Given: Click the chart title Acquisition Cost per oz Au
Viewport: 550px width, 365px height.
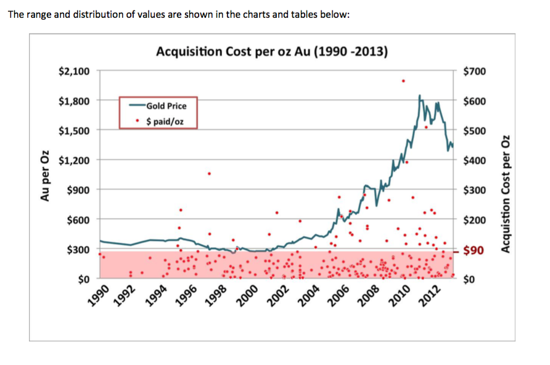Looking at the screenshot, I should coord(272,51).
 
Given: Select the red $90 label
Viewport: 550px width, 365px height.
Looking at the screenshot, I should coord(475,251).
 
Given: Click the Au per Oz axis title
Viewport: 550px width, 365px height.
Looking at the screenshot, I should coord(44,176).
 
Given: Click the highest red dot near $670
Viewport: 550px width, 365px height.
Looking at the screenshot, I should coord(403,81).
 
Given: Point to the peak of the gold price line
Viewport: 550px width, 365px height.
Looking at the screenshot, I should coord(419,96).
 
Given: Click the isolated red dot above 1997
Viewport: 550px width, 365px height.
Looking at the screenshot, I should coord(209,173).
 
